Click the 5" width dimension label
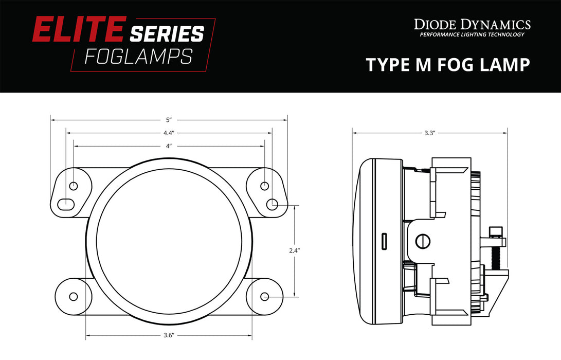point(168,120)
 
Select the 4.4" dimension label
point(168,133)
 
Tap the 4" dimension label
point(168,146)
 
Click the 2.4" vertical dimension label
point(295,251)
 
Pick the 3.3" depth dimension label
point(430,133)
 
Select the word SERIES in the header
point(167,34)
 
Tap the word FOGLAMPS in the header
point(138,56)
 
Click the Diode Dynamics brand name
point(472,24)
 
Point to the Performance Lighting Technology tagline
point(472,35)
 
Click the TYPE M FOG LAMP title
point(447,65)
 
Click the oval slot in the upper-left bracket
point(65,204)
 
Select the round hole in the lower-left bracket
point(73,296)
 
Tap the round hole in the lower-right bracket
point(265,296)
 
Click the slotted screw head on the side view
point(424,241)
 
